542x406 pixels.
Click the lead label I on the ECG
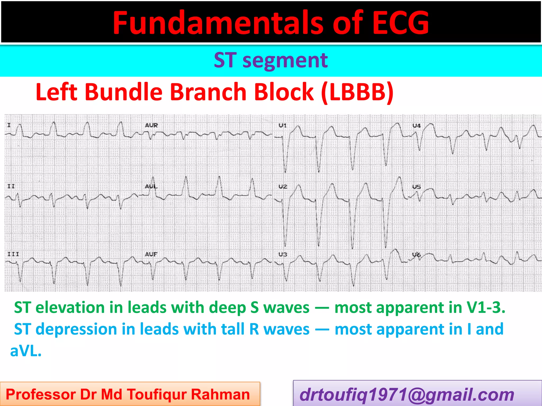[x=9, y=125]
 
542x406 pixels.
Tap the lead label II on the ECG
[x=11, y=186]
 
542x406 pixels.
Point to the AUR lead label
[x=151, y=125]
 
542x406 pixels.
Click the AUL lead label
[x=151, y=186]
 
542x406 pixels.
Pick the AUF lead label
[x=151, y=254]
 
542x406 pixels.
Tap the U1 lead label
[x=283, y=125]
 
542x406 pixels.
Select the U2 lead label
[x=283, y=187]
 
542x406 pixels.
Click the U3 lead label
[x=283, y=254]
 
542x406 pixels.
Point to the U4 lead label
[x=417, y=126]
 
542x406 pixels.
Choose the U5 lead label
[x=417, y=187]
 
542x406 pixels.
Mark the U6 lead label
[x=417, y=255]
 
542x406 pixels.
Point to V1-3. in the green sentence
[x=486, y=307]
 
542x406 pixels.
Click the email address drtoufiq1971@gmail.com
[x=407, y=395]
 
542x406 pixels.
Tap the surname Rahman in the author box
[x=220, y=395]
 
